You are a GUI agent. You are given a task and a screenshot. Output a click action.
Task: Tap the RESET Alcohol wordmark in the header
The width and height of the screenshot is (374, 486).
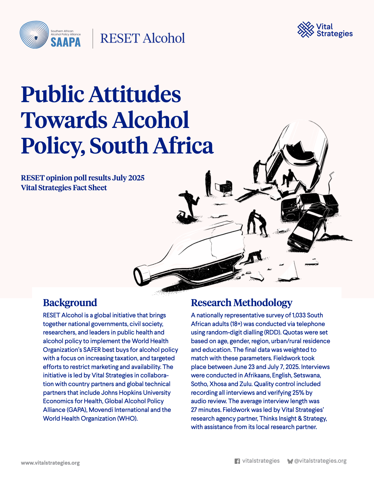[x=143, y=38]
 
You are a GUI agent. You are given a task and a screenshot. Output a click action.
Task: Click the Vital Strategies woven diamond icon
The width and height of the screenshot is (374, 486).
[x=305, y=30]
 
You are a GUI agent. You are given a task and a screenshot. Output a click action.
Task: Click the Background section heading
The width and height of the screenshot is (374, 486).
[x=70, y=303]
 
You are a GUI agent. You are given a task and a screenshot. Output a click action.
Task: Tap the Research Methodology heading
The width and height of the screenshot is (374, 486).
[x=241, y=303]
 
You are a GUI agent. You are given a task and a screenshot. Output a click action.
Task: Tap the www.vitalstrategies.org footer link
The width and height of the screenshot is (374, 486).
[x=50, y=463]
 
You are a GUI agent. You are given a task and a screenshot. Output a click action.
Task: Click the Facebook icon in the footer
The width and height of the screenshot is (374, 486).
[x=237, y=461]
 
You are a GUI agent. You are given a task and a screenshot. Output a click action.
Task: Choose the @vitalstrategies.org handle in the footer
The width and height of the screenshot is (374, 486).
[x=320, y=461]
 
